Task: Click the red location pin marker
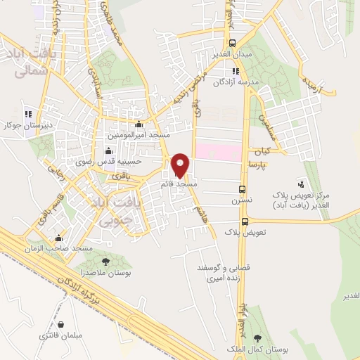181,165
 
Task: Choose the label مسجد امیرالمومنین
137,133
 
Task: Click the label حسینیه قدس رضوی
109,161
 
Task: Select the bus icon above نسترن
242,188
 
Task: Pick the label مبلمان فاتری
61,335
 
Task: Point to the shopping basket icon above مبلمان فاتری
61,324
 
